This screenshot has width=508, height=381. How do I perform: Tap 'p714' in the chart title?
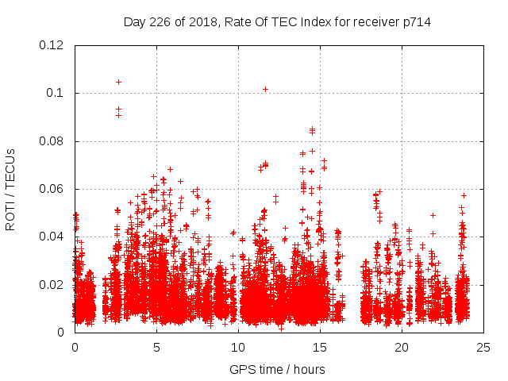pos(416,21)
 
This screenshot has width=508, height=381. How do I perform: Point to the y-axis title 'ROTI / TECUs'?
pos(10,189)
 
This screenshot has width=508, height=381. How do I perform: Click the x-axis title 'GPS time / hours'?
pos(277,369)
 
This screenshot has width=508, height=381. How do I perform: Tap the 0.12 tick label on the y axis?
pos(52,45)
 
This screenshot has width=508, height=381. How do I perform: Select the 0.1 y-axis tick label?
pos(56,93)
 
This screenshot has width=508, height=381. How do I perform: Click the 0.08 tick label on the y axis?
pos(52,141)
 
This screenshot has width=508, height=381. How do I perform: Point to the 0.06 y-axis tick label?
pos(52,189)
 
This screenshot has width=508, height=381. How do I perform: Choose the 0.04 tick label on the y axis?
pos(52,237)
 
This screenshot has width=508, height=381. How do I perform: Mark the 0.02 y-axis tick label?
pos(52,284)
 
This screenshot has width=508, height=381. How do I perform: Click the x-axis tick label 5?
pos(157,347)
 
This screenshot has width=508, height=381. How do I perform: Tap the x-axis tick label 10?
pos(238,347)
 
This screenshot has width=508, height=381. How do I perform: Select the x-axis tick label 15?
pos(320,347)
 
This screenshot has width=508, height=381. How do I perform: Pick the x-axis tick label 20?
pos(402,347)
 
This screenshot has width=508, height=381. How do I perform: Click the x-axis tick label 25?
pos(483,347)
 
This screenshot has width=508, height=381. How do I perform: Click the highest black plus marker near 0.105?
pos(118,82)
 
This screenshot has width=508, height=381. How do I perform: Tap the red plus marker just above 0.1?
pos(265,89)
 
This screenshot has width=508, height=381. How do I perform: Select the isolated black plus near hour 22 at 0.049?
pos(433,215)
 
